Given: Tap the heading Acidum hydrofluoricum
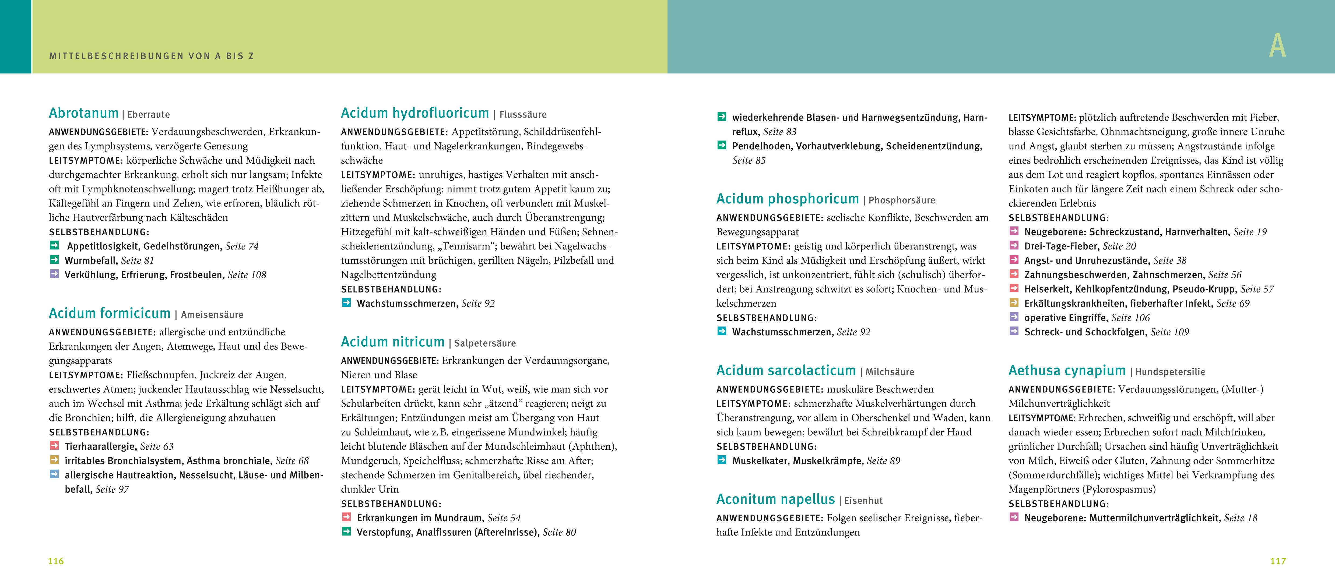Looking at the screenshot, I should pos(414,114).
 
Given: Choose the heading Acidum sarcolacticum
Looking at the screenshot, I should pos(786,370).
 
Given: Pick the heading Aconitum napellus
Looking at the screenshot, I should pos(775,499).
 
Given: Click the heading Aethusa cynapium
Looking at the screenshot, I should pos(1067,370).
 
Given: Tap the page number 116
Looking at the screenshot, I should pos(56,561).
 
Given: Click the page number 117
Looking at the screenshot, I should pos(1278,561).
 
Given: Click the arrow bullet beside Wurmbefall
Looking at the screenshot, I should pos(54,259).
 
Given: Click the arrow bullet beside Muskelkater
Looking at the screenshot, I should pos(721,460).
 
